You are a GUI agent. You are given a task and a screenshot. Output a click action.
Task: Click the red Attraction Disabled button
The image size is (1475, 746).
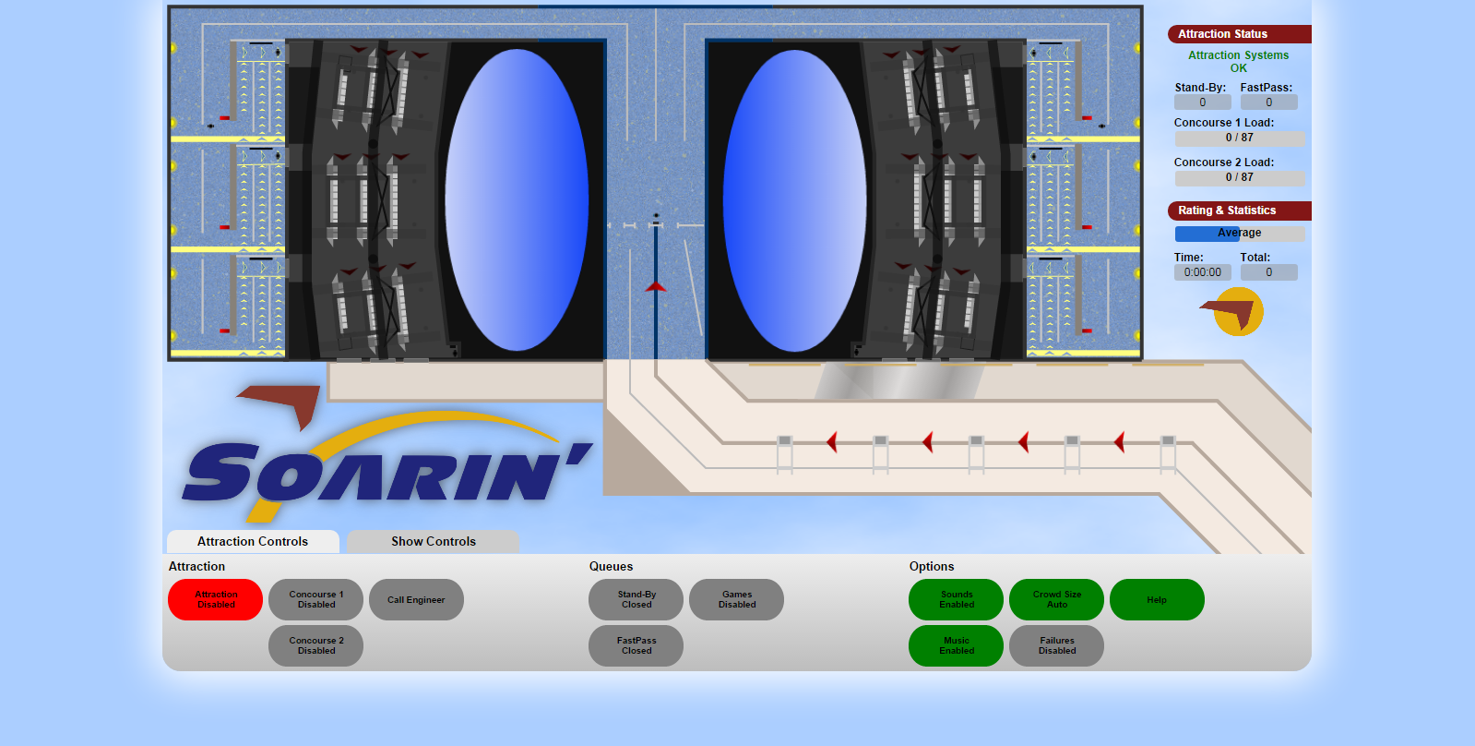[215, 600]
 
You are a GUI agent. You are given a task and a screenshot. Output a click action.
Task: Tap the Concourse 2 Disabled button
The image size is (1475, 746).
[316, 646]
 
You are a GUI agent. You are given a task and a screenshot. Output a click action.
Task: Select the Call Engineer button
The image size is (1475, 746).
[416, 600]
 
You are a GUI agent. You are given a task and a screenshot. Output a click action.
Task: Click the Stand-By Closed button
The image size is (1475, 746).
[636, 600]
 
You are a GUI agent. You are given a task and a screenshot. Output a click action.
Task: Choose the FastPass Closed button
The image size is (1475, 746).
[636, 646]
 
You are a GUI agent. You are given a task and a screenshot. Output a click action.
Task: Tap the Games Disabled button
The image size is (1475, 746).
[736, 600]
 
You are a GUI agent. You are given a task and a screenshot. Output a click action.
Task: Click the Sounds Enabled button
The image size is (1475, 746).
[956, 600]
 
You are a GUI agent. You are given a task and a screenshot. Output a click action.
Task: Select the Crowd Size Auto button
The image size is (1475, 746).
[1057, 600]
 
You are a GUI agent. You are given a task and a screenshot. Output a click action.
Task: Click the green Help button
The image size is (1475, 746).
[1157, 600]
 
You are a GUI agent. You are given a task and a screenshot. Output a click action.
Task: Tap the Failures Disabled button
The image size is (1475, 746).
[1057, 646]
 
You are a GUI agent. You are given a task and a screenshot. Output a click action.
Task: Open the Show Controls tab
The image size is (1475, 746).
[434, 542]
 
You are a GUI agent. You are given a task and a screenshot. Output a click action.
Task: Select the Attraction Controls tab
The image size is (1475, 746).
[253, 542]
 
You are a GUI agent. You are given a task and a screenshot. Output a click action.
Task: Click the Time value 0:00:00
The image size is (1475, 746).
[1202, 272]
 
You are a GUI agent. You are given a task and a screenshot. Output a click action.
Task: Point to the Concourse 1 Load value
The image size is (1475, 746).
[1239, 138]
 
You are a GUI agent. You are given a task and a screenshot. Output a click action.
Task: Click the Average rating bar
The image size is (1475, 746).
[1239, 234]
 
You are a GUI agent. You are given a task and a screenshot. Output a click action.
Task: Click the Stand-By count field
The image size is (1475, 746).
[1202, 102]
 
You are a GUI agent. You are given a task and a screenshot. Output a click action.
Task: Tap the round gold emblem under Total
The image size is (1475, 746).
[1238, 312]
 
